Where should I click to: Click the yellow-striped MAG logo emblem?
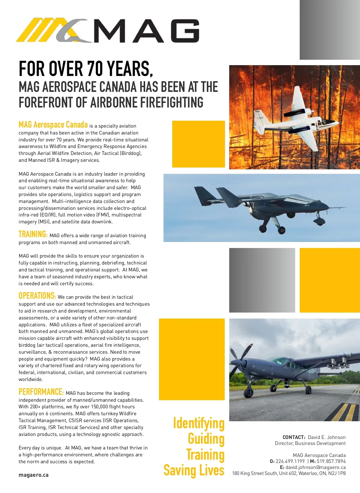[x=51, y=30]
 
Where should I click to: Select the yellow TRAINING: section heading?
[x=33, y=234]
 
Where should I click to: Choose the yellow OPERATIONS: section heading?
[x=37, y=296]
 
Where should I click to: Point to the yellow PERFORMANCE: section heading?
[x=41, y=392]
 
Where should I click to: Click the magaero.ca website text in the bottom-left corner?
[x=34, y=475]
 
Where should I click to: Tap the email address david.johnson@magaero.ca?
[x=316, y=467]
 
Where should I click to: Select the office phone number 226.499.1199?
[x=290, y=461]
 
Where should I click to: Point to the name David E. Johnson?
[x=327, y=437]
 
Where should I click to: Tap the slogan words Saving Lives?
[x=194, y=470]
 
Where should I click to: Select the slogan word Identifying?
[x=199, y=423]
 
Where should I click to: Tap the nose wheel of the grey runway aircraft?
[x=248, y=392]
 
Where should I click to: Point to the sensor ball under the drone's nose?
[x=319, y=222]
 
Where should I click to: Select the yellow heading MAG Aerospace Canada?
[x=53, y=125]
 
